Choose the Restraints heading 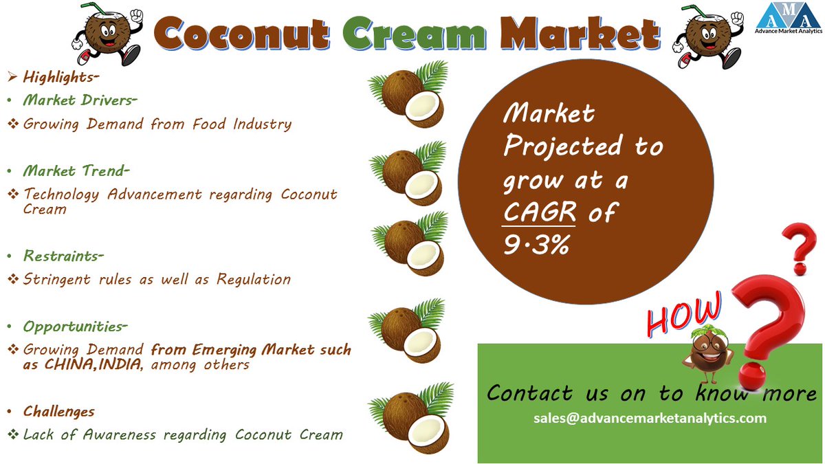63,256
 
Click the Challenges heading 58,411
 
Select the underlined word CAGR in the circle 538,213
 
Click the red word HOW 685,312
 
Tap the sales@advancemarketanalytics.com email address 650,418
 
